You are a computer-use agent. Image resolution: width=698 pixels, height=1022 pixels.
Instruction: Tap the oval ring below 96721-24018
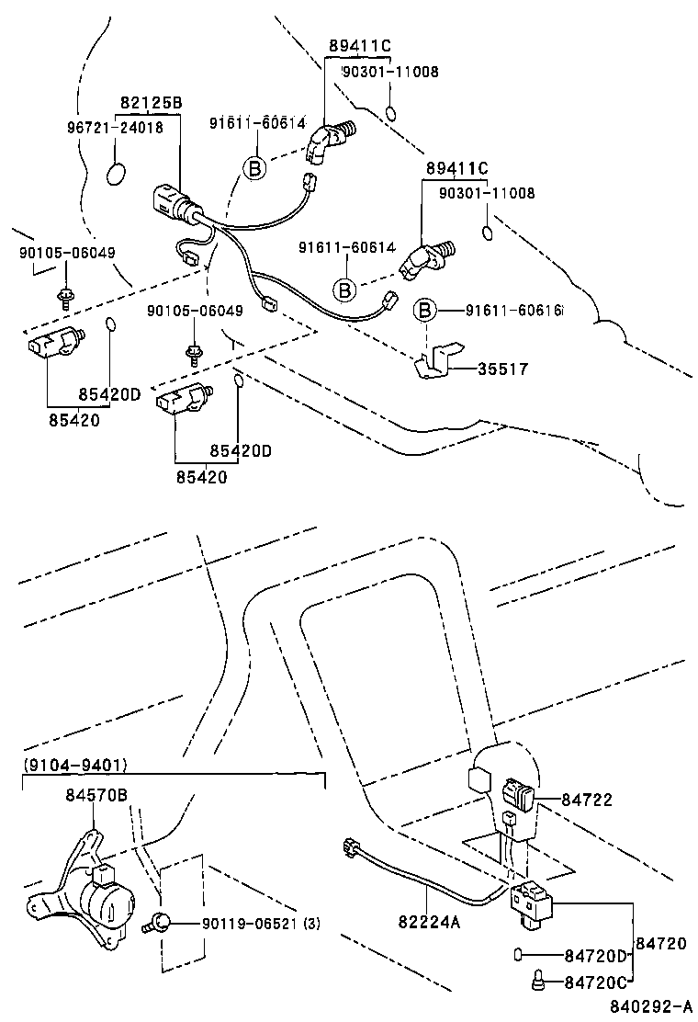117,172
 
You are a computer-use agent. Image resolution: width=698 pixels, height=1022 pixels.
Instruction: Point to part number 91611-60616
504,312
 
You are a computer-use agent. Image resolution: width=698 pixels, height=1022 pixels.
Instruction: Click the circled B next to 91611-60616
425,312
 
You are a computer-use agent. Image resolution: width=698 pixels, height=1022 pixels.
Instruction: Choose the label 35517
503,369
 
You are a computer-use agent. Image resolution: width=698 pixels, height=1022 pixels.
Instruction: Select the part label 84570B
96,794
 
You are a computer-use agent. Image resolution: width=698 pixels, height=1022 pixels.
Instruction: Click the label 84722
587,801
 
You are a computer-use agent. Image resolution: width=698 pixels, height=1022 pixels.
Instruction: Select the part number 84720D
595,955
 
